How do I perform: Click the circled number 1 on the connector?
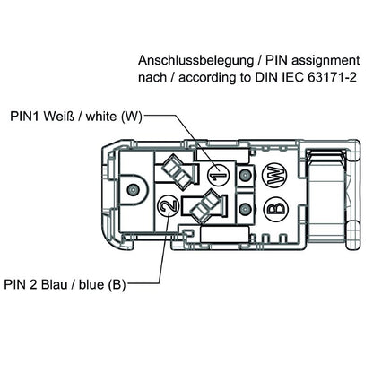coord(216,174)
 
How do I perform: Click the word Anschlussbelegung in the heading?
coord(189,61)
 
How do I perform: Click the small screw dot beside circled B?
coord(245,210)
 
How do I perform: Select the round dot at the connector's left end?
coord(133,190)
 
